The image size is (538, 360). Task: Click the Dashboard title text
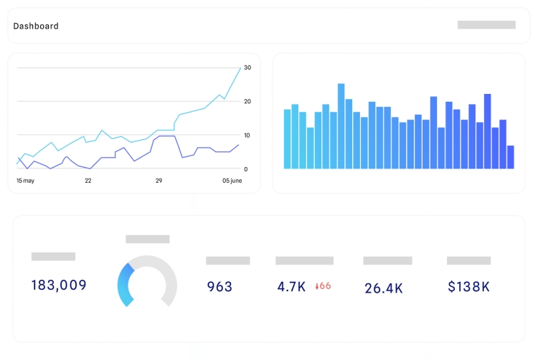[x=36, y=26]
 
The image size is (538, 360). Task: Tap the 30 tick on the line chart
[x=247, y=67]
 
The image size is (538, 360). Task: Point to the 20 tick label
[x=247, y=101]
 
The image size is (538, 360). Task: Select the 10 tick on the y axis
[x=247, y=135]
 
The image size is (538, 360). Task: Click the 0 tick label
[x=246, y=169]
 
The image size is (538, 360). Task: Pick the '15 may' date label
[x=25, y=181]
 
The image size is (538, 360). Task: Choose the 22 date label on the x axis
[x=88, y=181]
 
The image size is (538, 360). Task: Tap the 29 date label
[x=159, y=181]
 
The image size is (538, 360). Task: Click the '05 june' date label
[x=232, y=181]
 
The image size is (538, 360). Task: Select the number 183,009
[x=59, y=285]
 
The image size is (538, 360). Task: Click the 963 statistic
[x=220, y=287]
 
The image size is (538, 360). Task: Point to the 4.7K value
[x=291, y=287]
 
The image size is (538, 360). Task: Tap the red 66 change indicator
[x=324, y=286]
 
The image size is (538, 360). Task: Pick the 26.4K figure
[x=384, y=288]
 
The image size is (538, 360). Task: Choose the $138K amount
[x=468, y=287]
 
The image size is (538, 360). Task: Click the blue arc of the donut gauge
[x=124, y=287]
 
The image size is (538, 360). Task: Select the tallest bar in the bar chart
[x=341, y=126]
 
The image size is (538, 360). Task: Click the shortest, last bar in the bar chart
[x=511, y=157]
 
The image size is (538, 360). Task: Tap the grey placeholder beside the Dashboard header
[x=486, y=25]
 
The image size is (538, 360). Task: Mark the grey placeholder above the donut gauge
[x=148, y=239]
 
